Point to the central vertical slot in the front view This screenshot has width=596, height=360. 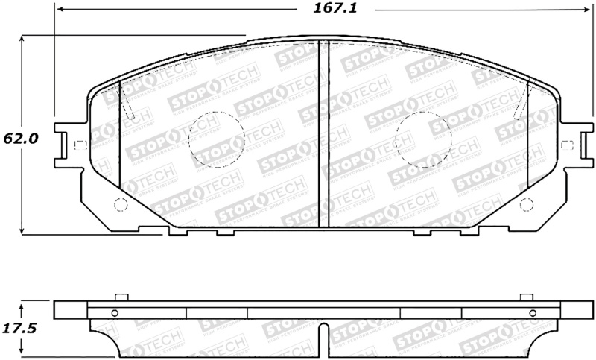coord(320,134)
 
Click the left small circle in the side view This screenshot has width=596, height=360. coord(115,313)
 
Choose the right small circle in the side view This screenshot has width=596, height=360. coord(531,313)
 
